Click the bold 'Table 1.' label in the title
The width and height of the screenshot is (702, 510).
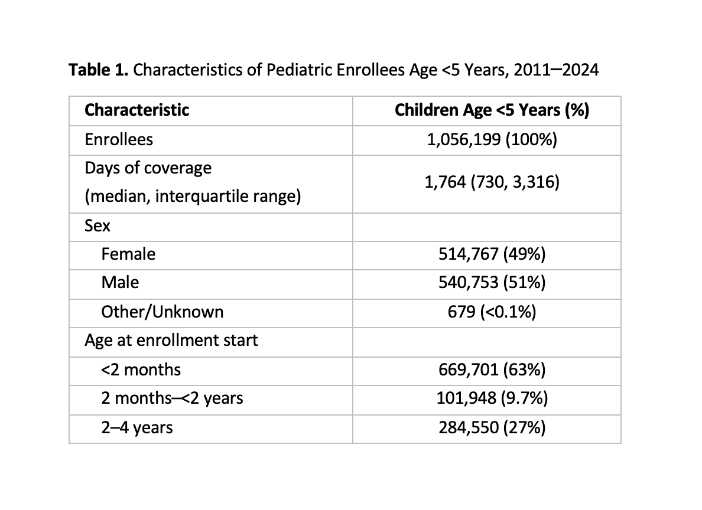coord(99,70)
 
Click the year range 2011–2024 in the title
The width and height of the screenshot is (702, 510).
coord(556,70)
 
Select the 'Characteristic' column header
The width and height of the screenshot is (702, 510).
coord(137,110)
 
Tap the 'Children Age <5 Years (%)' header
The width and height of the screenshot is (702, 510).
coord(492,110)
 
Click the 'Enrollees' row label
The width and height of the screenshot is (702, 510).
coord(119,139)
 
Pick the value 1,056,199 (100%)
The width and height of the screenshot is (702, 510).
coord(492,139)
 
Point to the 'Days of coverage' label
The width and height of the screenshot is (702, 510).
coord(148,168)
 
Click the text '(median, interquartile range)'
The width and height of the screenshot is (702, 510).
coord(193,197)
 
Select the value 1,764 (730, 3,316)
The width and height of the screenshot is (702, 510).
coord(492,182)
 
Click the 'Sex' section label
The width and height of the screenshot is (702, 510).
coord(97,225)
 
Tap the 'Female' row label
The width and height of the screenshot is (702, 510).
coord(128,254)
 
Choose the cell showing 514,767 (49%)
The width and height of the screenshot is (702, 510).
coord(492,254)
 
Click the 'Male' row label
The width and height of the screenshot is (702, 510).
coord(120,283)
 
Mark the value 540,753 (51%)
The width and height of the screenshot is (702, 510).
coord(492,283)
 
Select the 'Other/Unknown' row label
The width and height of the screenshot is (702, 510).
coord(162,312)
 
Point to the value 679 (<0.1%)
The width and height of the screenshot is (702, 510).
coord(492,312)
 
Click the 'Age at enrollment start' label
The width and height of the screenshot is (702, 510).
coord(171,341)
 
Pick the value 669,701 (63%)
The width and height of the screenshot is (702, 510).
coord(492,370)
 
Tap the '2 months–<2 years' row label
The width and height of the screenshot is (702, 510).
coord(173,398)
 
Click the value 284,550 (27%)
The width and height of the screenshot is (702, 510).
coord(492,428)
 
